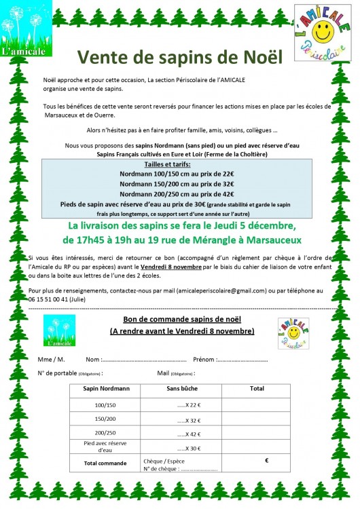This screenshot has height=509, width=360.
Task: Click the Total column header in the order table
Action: (x=257, y=389)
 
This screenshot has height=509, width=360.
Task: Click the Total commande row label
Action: (x=105, y=464)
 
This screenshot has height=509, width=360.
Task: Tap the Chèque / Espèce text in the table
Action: (x=163, y=460)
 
